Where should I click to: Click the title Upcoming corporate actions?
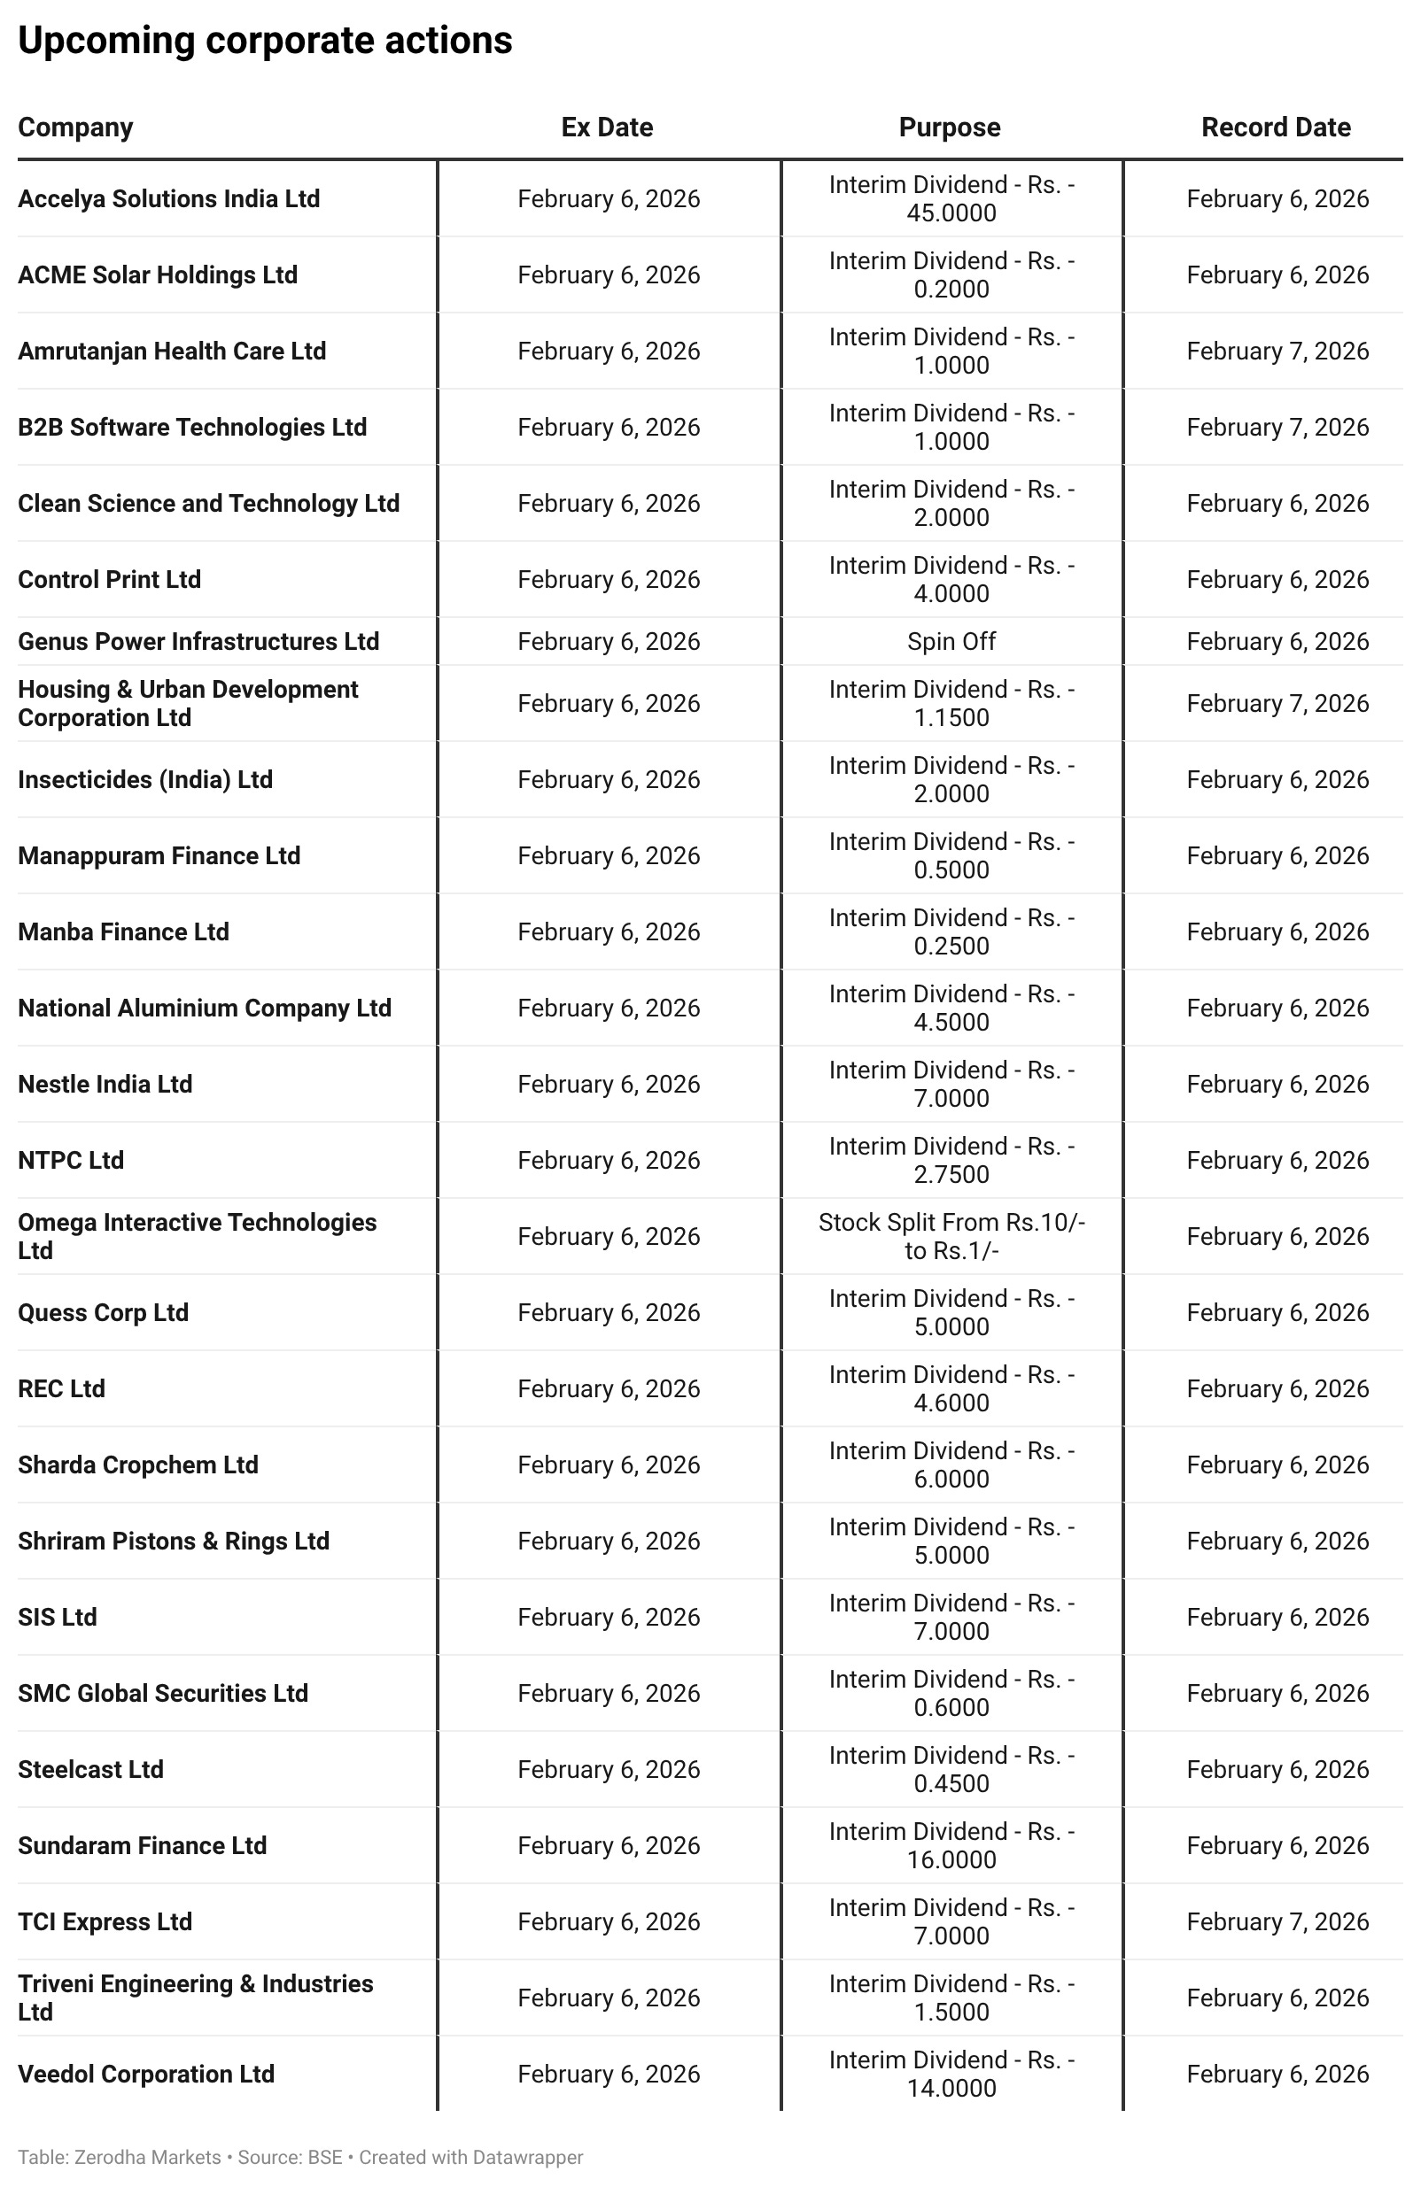click(x=265, y=41)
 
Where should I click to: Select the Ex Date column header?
click(x=607, y=127)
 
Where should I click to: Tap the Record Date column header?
click(x=1276, y=127)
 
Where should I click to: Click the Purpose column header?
click(x=950, y=127)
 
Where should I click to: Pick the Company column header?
click(x=75, y=127)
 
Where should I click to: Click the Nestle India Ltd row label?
click(x=105, y=1085)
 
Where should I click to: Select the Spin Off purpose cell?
click(x=951, y=641)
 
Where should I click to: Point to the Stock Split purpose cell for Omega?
click(x=951, y=1237)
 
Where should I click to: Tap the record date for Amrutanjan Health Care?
click(x=1277, y=351)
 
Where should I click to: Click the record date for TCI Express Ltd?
click(x=1277, y=1921)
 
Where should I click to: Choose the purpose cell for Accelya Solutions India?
click(x=951, y=198)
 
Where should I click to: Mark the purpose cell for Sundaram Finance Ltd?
click(x=951, y=1845)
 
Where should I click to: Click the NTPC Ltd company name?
click(x=71, y=1161)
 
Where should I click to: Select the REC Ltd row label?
click(x=62, y=1388)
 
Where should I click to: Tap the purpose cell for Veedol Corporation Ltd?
click(x=951, y=2074)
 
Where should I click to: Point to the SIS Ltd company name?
click(x=57, y=1618)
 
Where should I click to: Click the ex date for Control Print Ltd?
click(x=609, y=580)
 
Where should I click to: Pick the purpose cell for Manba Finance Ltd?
click(x=951, y=931)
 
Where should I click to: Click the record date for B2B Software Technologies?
click(x=1277, y=428)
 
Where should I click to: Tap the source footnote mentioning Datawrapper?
click(x=300, y=2157)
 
